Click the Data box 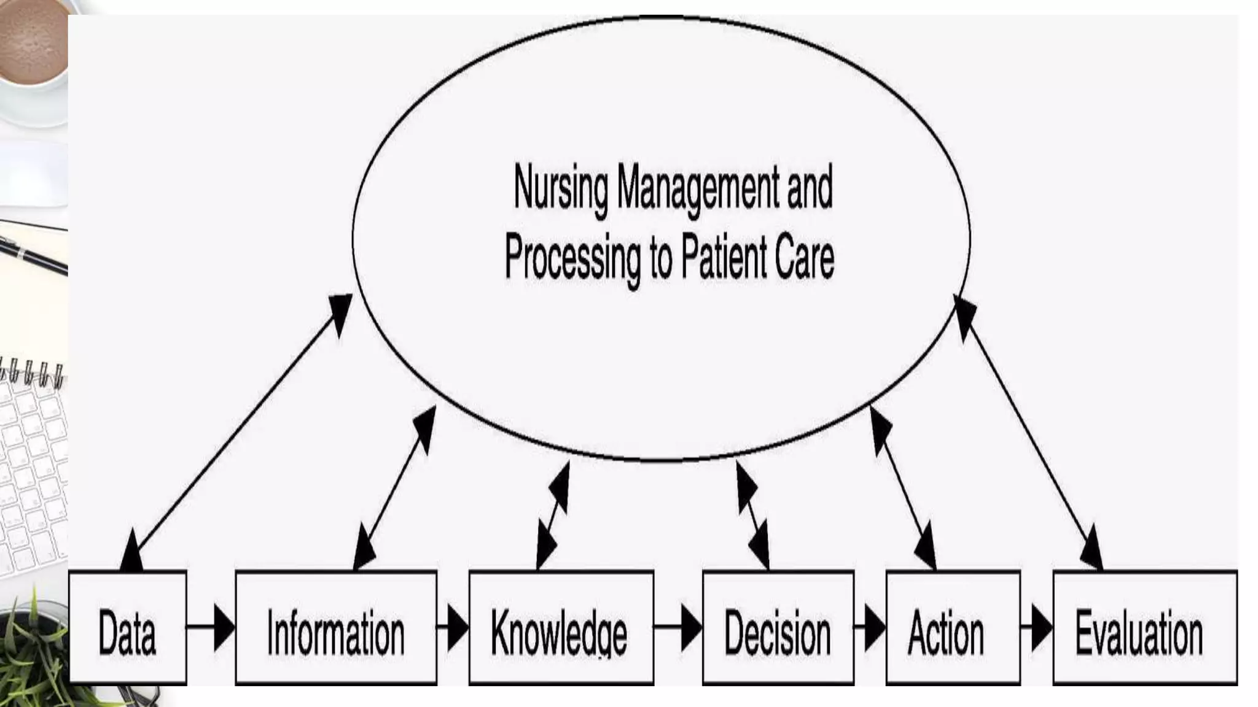point(127,628)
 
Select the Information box point(336,628)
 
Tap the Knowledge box point(561,628)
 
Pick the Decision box point(778,628)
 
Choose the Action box point(953,628)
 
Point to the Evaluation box point(1145,628)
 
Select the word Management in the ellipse point(697,186)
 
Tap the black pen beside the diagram point(34,255)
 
